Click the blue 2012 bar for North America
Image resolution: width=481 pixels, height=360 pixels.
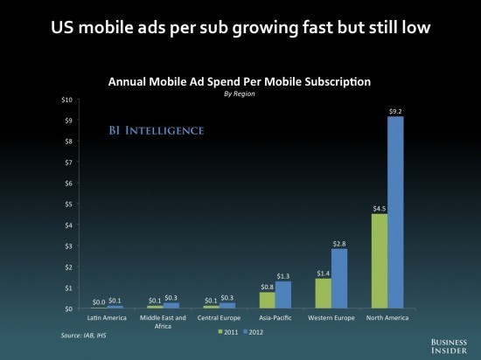395,212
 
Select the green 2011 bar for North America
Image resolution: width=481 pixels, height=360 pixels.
380,261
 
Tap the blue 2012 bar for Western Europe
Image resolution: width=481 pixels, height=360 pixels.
339,279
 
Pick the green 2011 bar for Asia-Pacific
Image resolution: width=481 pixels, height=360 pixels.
268,301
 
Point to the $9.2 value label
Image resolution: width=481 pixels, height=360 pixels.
395,112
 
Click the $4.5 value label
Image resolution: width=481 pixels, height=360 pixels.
380,209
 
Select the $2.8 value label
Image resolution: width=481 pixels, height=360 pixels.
339,244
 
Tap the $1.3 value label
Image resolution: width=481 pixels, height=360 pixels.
282,276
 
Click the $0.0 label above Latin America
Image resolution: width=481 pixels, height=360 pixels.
99,302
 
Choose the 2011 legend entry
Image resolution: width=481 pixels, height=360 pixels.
228,332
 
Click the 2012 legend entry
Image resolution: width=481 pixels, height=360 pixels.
253,332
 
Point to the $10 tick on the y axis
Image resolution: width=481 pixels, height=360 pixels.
66,100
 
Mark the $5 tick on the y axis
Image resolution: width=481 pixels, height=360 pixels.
68,204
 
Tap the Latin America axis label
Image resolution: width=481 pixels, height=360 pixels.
107,318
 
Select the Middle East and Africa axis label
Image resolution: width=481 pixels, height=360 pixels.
163,322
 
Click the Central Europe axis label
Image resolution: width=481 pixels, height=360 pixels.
219,318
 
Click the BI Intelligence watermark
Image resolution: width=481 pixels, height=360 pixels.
157,130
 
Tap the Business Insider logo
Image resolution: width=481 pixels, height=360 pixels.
449,346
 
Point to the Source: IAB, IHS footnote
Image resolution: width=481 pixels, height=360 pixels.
83,336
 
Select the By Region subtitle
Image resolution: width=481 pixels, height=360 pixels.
240,93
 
